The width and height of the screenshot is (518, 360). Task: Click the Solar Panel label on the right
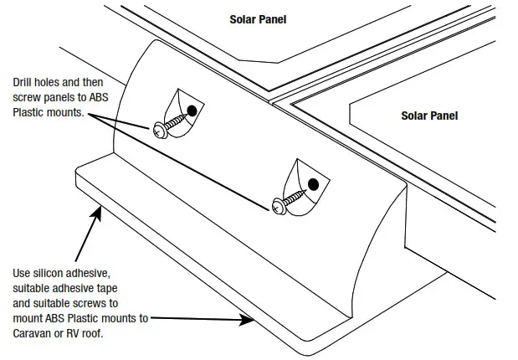(429, 116)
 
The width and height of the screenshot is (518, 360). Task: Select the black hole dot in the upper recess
(193, 110)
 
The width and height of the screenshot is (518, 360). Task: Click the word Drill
(23, 83)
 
